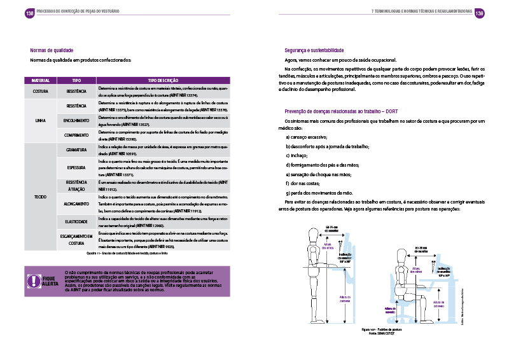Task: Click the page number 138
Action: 29,13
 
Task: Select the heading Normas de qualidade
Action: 52,50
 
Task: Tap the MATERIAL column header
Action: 41,81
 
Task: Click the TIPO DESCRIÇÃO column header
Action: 163,81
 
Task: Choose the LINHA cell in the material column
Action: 41,120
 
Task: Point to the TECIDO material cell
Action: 41,197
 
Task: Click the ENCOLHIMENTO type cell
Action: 76,120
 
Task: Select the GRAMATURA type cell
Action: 76,150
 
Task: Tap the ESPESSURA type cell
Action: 76,167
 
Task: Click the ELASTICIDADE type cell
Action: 76,222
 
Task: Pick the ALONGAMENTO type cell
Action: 76,204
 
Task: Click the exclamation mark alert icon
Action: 33,281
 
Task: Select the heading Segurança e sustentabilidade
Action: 314,50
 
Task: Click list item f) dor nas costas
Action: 304,183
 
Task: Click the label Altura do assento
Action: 390,310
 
